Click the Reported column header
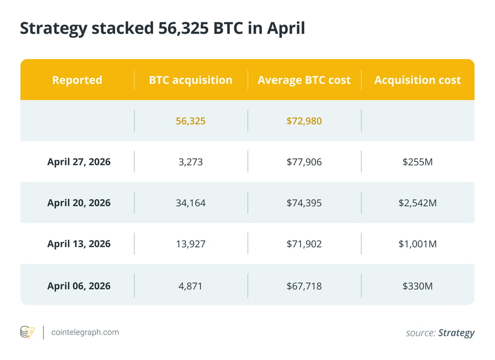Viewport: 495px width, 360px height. pyautogui.click(x=77, y=80)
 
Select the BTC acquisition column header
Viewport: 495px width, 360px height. pyautogui.click(x=191, y=80)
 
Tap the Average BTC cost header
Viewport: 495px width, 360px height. pyautogui.click(x=304, y=80)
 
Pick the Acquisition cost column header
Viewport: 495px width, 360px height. pyautogui.click(x=417, y=80)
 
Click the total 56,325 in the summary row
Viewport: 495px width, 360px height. pyautogui.click(x=191, y=121)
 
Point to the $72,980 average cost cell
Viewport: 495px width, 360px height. pyautogui.click(x=304, y=121)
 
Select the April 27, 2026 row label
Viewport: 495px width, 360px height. pyautogui.click(x=78, y=162)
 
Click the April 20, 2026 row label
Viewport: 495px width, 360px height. pyautogui.click(x=78, y=203)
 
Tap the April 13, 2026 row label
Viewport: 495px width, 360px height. pyautogui.click(x=78, y=244)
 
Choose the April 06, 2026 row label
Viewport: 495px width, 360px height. pyautogui.click(x=78, y=286)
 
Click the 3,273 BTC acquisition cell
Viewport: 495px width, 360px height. pyautogui.click(x=191, y=162)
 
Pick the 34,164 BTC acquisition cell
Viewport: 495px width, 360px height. pyautogui.click(x=191, y=203)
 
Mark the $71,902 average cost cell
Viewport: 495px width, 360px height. pyautogui.click(x=304, y=244)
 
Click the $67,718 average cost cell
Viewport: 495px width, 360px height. pyautogui.click(x=304, y=286)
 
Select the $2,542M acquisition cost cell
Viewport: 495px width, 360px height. pyautogui.click(x=417, y=203)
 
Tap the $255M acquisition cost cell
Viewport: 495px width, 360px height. pyautogui.click(x=417, y=162)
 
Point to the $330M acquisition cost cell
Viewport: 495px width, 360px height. pyautogui.click(x=417, y=286)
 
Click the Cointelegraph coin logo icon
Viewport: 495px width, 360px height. pyautogui.click(x=28, y=332)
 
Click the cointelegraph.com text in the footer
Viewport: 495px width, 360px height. pyautogui.click(x=85, y=332)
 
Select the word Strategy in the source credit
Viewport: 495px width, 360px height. pyautogui.click(x=456, y=333)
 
